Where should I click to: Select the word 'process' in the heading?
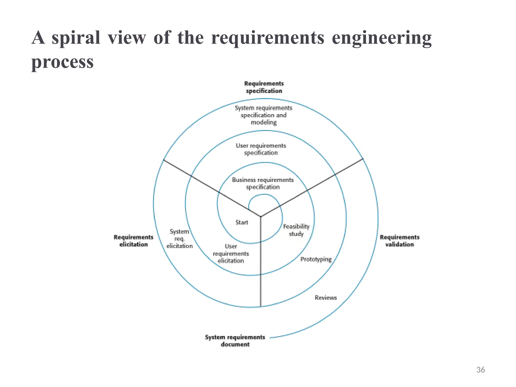62,62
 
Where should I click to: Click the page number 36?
480,370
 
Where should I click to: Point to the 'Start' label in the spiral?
242,222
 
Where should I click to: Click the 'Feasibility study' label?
296,230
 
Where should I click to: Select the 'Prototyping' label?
316,259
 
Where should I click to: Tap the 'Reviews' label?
326,298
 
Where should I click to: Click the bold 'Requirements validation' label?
399,241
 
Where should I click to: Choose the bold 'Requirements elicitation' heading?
133,241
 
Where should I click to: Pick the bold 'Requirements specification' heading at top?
264,87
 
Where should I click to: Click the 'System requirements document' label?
235,341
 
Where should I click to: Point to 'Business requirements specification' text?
263,183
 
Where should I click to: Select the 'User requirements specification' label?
261,149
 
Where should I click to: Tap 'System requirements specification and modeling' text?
264,115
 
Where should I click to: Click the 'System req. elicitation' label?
179,239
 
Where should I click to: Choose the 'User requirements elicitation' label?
231,253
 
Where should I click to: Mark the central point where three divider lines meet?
261,216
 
